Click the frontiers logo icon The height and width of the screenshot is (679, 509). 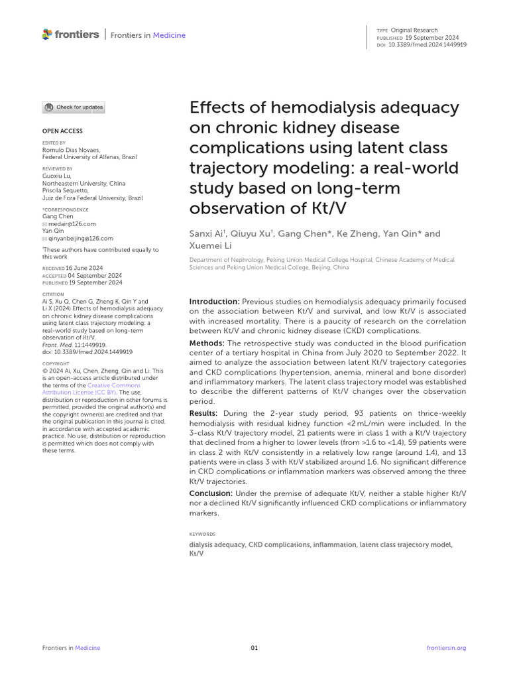point(46,34)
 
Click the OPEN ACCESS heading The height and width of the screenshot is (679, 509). point(62,131)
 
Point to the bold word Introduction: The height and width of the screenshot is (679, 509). point(215,302)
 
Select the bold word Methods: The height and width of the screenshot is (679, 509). point(207,343)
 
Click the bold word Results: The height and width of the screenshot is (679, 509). point(205,413)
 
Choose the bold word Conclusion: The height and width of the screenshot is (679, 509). point(211,493)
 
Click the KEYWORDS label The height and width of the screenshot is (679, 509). point(202,534)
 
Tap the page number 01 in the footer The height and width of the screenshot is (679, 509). point(254,648)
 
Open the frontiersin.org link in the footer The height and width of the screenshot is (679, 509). point(447,648)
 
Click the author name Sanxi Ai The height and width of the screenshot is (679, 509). point(207,233)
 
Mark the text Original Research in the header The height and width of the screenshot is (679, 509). point(414,31)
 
